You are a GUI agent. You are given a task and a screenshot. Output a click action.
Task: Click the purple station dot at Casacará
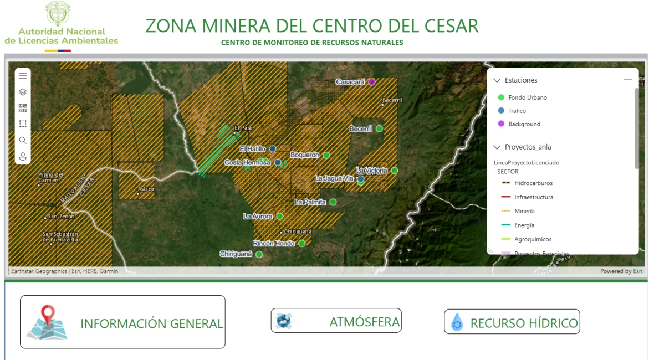372,82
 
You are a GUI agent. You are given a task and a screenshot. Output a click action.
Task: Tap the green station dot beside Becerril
380,128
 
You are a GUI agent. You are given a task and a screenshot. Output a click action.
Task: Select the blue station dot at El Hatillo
273,148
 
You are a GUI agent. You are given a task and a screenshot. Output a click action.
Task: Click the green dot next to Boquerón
327,155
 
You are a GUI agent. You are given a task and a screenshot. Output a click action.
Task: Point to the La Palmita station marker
333,202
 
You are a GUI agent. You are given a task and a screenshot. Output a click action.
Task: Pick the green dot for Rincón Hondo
302,243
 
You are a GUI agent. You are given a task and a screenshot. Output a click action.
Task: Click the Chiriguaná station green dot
259,254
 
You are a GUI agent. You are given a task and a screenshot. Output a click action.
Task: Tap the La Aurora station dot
280,216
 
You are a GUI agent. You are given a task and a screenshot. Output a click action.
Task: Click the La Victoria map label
371,171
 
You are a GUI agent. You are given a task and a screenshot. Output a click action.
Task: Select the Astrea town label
146,189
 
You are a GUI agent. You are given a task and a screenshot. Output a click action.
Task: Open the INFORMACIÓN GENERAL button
122,322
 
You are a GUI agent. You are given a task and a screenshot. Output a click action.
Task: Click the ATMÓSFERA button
336,321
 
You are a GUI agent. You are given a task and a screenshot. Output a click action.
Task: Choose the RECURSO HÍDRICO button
512,322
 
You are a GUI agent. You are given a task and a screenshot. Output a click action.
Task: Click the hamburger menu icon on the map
23,76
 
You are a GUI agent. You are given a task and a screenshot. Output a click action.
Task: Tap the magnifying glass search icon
23,140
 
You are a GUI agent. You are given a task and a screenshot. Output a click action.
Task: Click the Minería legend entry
524,211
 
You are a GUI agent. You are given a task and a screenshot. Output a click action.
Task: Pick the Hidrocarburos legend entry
533,183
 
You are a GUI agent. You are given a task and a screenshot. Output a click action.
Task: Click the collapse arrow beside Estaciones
497,80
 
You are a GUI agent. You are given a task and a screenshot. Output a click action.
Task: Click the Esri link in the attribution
638,271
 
